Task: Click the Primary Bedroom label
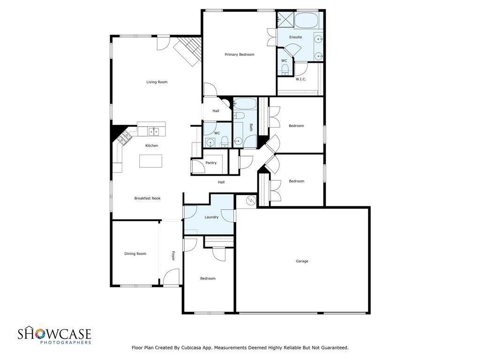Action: (240, 54)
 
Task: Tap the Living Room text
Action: (157, 82)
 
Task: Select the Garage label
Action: (302, 261)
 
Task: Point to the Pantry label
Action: (211, 163)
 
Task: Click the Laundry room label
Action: (211, 217)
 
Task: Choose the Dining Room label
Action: (135, 254)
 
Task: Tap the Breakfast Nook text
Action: (147, 198)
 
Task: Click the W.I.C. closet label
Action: (300, 79)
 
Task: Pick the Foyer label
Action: (173, 255)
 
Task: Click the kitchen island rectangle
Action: (150, 161)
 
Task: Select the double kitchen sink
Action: (154, 132)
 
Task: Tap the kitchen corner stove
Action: (124, 137)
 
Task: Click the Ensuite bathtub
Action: (307, 20)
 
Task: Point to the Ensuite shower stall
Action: (285, 19)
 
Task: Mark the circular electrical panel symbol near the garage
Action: (251, 200)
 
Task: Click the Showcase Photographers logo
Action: (54, 336)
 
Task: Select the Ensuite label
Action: (295, 37)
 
